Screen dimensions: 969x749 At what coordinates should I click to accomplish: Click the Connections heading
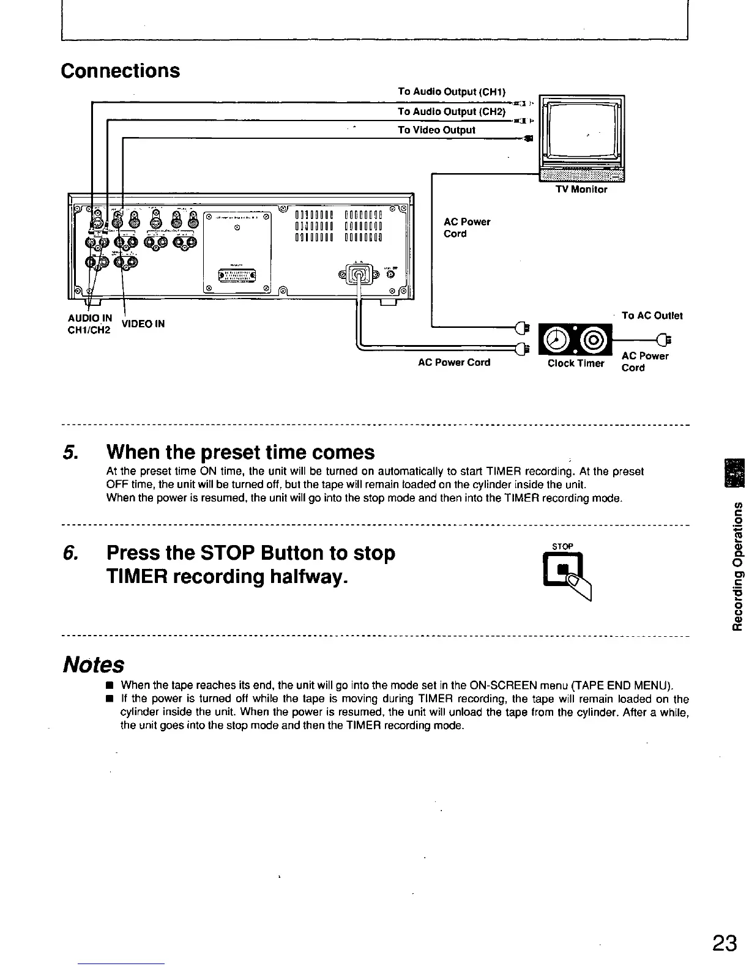click(121, 70)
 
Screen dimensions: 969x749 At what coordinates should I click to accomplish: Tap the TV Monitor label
click(581, 190)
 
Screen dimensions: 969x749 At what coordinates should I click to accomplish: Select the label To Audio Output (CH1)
click(452, 92)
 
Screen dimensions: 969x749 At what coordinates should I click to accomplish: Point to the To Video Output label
click(436, 130)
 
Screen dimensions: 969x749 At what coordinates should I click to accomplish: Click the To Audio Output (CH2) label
click(452, 111)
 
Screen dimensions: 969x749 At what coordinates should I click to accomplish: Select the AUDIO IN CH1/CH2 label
click(89, 324)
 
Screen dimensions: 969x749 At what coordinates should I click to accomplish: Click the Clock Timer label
click(576, 363)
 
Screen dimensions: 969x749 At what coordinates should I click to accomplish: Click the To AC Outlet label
click(652, 316)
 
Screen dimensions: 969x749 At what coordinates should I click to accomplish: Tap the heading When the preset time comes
click(240, 453)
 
